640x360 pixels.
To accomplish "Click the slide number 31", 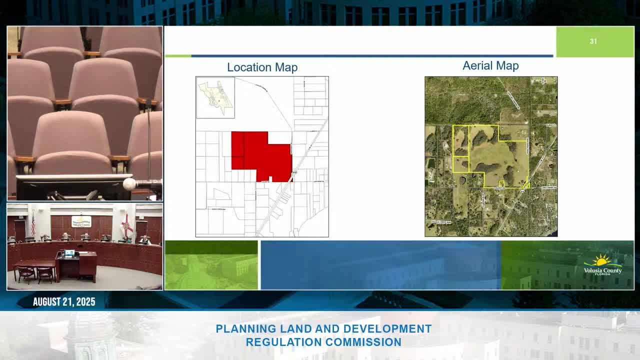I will tap(593, 41).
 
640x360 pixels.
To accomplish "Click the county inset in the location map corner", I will tap(215, 97).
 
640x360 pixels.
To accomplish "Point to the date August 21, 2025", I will tap(64, 302).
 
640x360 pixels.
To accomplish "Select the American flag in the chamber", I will tap(33, 223).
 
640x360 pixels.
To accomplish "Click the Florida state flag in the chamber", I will tap(126, 225).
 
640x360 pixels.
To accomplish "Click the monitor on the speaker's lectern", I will tap(69, 253).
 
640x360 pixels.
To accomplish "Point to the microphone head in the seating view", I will tap(130, 184).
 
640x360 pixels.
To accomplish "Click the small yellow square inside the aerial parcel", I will tap(501, 183).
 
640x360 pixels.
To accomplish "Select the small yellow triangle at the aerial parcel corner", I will tap(526, 185).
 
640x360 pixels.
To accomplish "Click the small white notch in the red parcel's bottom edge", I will tap(270, 178).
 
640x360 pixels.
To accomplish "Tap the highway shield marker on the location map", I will tap(294, 173).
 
